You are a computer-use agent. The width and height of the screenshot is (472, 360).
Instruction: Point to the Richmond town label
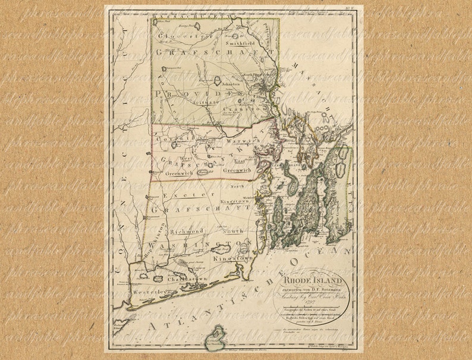(x=187, y=230)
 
